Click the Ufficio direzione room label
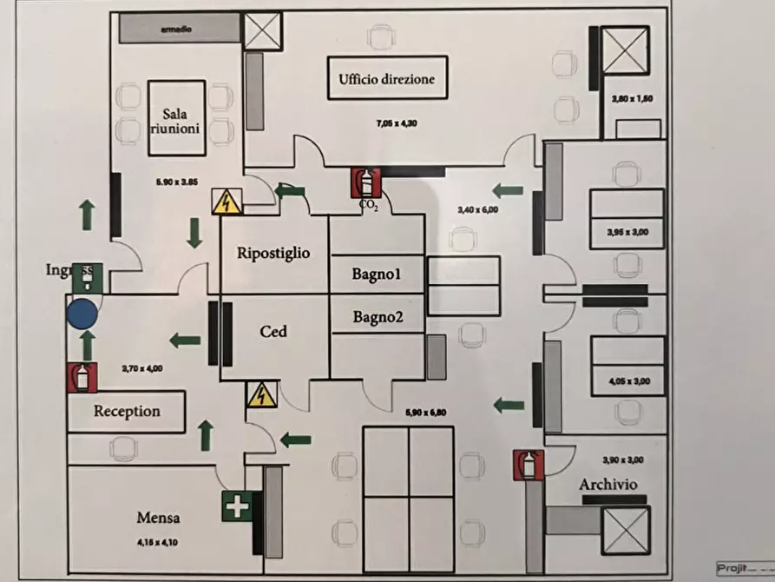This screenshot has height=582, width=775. [386, 81]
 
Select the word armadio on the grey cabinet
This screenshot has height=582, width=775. [176, 29]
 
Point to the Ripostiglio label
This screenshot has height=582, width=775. [273, 253]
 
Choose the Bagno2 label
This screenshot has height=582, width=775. [377, 317]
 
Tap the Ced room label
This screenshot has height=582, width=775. [273, 331]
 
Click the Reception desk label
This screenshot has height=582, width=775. [127, 411]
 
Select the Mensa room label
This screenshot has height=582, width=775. [158, 518]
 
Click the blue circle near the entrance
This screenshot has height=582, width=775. [82, 313]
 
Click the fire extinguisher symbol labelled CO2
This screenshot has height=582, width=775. [367, 183]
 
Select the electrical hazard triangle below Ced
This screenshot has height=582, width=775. [259, 395]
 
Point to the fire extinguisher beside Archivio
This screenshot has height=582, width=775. [527, 465]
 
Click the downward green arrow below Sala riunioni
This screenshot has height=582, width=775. [194, 232]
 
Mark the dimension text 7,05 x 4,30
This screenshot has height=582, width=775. [397, 123]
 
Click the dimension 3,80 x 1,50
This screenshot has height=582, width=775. [631, 99]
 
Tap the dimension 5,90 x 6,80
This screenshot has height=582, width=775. [425, 413]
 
